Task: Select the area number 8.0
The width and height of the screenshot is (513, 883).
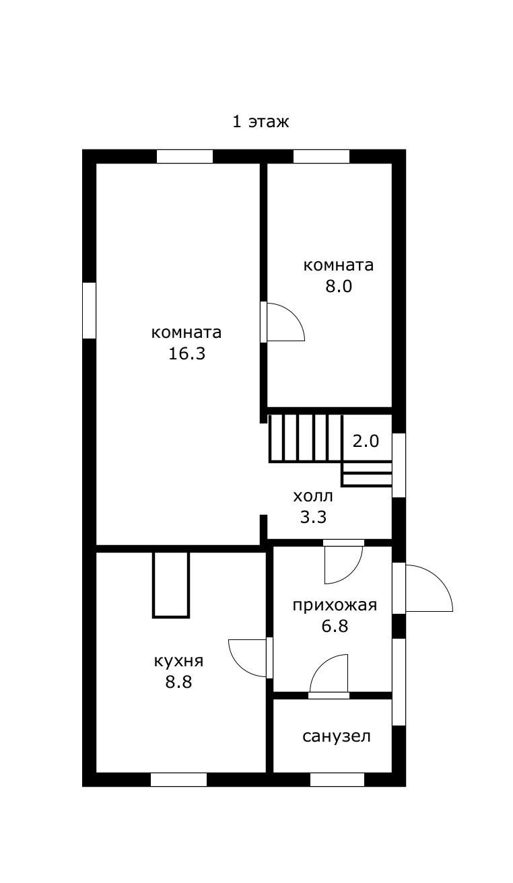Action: click(339, 287)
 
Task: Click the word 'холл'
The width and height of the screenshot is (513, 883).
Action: click(312, 497)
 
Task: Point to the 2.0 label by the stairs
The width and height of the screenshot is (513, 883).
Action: click(366, 441)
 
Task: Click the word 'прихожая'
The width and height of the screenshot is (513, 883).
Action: click(335, 605)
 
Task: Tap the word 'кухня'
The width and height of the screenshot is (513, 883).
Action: click(178, 661)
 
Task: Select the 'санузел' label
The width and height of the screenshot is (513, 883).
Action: click(337, 736)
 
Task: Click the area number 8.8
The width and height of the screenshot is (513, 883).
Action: click(178, 682)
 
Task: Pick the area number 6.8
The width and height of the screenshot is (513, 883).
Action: click(335, 626)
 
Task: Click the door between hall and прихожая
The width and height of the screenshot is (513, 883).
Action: click(343, 562)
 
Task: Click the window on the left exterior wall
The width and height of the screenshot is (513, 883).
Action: click(89, 310)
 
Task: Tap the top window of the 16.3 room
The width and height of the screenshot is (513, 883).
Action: click(184, 156)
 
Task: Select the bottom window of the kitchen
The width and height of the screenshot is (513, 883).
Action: click(178, 779)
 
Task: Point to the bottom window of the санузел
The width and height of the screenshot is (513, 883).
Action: click(337, 779)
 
